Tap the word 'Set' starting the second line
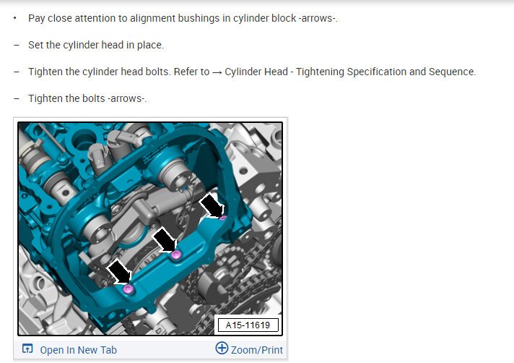coord(35,45)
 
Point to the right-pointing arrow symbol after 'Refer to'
coord(217,72)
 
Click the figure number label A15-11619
coord(248,325)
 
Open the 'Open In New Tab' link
coord(79,350)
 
